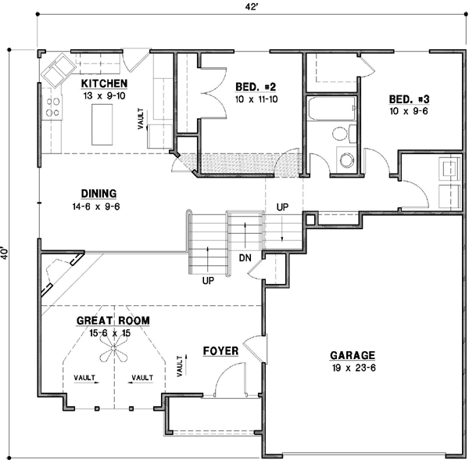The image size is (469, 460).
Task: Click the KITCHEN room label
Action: point(104,84)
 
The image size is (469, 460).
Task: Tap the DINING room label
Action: point(98,194)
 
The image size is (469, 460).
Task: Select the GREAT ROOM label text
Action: point(113,321)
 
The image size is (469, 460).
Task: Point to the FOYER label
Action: point(220,350)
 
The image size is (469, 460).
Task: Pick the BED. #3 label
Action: point(410,99)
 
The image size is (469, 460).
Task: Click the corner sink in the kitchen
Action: point(56,72)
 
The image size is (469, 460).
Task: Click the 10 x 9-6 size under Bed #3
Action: point(410,111)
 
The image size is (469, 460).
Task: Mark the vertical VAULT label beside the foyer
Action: point(181,364)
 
